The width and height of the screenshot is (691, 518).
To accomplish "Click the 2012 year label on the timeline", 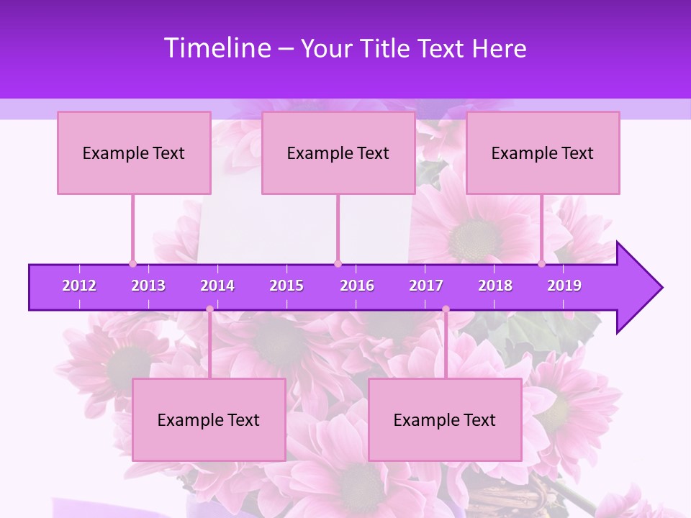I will (79, 286).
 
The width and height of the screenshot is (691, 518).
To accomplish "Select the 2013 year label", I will (148, 286).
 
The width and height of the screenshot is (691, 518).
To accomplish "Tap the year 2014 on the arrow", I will (217, 286).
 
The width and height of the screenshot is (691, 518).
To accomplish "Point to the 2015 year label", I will (286, 286).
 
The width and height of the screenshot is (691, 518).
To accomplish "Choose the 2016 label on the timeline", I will (357, 286).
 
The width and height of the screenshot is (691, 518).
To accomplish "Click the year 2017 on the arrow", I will (426, 286).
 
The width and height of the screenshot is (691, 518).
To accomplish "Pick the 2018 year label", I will (495, 286).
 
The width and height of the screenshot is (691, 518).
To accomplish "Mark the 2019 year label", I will (564, 286).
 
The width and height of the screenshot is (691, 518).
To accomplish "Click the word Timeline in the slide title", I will (217, 48).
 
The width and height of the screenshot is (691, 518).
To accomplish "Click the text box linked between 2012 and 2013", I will (134, 153).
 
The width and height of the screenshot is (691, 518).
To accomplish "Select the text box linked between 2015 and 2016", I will (338, 153).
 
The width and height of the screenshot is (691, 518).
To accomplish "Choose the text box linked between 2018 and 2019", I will (543, 153).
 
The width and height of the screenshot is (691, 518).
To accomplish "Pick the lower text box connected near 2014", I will (209, 419).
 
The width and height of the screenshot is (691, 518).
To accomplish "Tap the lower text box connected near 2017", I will (445, 419).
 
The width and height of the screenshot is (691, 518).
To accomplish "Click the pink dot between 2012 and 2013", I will (132, 263).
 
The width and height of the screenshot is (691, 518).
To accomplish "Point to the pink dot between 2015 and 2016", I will (338, 263).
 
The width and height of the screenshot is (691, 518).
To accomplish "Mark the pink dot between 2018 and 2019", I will (542, 263).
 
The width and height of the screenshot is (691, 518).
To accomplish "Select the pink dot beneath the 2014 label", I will (209, 309).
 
